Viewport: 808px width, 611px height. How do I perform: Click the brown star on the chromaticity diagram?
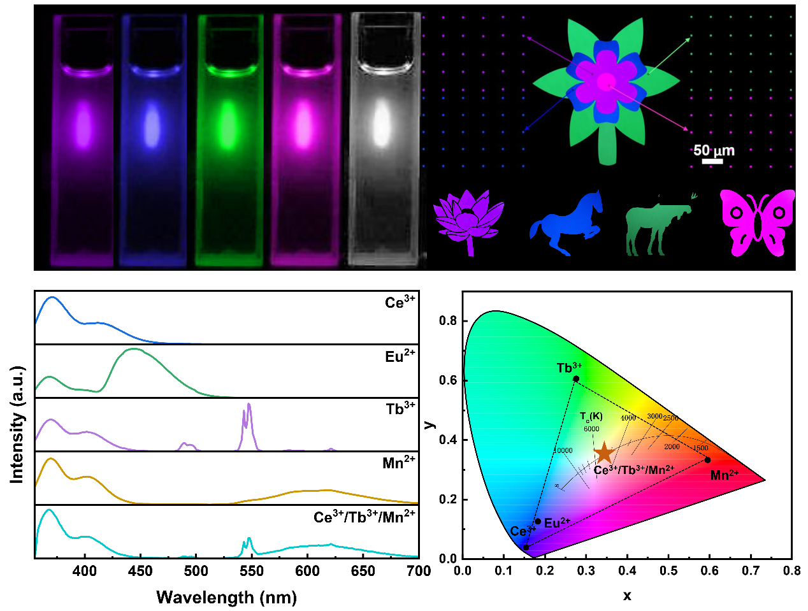(x=603, y=453)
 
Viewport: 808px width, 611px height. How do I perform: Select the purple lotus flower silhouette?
(x=468, y=220)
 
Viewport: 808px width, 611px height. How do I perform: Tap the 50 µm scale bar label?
(x=714, y=150)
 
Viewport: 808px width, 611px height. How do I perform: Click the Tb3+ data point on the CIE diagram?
(x=576, y=378)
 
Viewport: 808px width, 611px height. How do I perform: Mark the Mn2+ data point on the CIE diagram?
(x=707, y=460)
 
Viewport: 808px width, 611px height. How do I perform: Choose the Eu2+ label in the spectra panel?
(x=400, y=356)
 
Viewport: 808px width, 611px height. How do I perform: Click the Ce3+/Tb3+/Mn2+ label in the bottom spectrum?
(x=364, y=517)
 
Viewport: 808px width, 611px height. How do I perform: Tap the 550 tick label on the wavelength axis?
(x=252, y=571)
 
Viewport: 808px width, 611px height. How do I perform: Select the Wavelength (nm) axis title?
(x=226, y=598)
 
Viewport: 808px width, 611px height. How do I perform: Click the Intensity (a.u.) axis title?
(x=17, y=424)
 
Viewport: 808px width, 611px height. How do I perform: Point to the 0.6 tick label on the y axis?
(x=448, y=380)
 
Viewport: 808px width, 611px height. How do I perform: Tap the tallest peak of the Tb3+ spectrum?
(x=249, y=405)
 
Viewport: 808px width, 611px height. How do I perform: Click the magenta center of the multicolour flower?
(x=606, y=82)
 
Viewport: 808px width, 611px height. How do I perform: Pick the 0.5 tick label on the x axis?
(x=668, y=570)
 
